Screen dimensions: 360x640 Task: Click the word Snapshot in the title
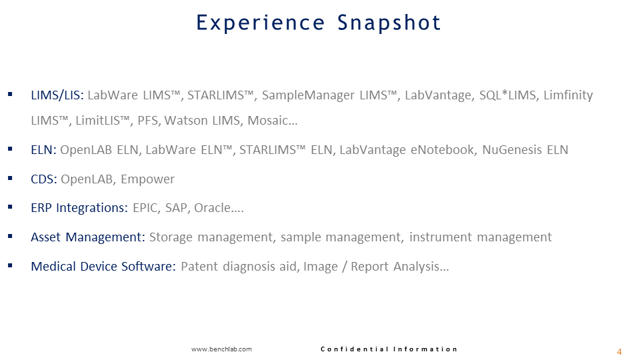389,23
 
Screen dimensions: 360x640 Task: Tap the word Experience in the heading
261,23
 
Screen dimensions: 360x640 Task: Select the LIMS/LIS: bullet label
57,95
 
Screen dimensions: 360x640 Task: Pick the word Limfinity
568,95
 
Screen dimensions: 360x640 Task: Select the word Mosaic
269,121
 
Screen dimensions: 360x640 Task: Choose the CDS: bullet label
44,179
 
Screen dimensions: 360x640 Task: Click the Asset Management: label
88,237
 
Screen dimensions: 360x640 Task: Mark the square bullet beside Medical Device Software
10,265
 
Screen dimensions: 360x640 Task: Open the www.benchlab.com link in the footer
221,349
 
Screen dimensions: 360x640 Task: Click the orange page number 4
619,352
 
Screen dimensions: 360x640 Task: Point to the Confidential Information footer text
389,349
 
